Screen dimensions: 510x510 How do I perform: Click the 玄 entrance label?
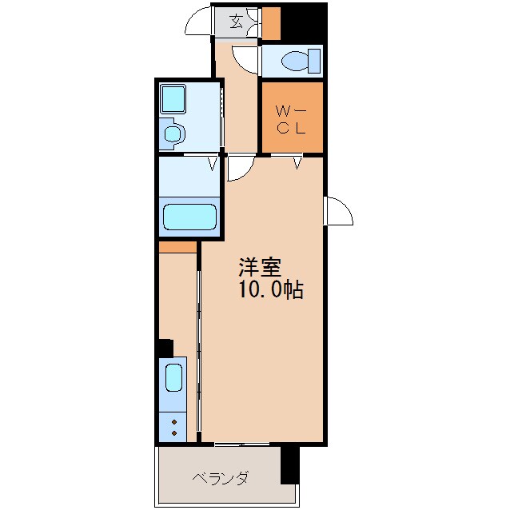pyautogui.click(x=237, y=21)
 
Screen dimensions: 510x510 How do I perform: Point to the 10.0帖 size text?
pyautogui.click(x=269, y=290)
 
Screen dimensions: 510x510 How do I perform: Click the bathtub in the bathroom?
pyautogui.click(x=189, y=218)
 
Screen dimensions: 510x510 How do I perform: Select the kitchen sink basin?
pyautogui.click(x=175, y=377)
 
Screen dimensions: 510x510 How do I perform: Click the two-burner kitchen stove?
pyautogui.click(x=173, y=425)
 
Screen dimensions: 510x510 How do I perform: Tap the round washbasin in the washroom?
pyautogui.click(x=173, y=133)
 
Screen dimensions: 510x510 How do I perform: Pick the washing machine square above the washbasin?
pyautogui.click(x=173, y=99)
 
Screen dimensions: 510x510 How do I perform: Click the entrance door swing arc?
pyautogui.click(x=199, y=24)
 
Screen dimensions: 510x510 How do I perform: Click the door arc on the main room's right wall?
pyautogui.click(x=340, y=210)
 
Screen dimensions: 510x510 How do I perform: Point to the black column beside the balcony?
pyautogui.click(x=289, y=465)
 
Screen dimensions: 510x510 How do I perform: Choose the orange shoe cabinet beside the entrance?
pyautogui.click(x=272, y=23)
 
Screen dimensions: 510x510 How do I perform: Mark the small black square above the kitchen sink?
pyautogui.click(x=165, y=348)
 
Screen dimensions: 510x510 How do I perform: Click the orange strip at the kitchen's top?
pyautogui.click(x=177, y=247)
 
